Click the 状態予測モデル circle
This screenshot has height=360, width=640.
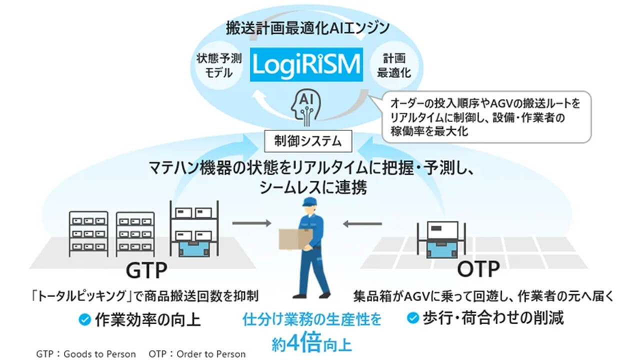(219, 65)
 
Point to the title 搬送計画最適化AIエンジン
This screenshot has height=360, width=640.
(306, 28)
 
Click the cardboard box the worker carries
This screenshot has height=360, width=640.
(295, 239)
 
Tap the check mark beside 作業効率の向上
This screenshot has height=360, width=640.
(86, 319)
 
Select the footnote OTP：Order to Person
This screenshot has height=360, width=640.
(197, 354)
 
